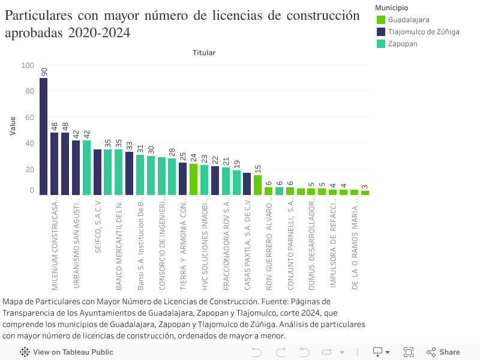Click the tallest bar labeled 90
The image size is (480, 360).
[43, 136]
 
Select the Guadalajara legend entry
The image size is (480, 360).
[408, 20]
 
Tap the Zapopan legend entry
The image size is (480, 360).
[402, 44]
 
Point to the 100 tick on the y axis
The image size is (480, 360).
[28, 65]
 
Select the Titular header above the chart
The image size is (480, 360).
[204, 53]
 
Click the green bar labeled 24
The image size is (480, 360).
[193, 179]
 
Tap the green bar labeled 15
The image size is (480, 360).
[257, 185]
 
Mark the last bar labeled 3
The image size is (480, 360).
[365, 193]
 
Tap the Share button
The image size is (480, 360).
[443, 352]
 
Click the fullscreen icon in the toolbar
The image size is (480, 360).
[409, 352]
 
